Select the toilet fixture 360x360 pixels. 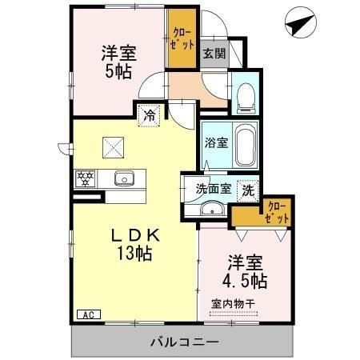coord(246,97)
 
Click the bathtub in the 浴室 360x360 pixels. coord(245,145)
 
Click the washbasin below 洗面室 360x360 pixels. coord(212,210)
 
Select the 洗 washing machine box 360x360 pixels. coord(248,191)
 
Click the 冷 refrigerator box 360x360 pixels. coord(149,115)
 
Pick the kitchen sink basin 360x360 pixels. coord(122,178)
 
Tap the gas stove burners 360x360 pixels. coord(86,178)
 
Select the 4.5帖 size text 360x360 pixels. coord(246,282)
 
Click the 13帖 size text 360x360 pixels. coord(134,255)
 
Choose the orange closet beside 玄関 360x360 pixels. coord(182,39)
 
